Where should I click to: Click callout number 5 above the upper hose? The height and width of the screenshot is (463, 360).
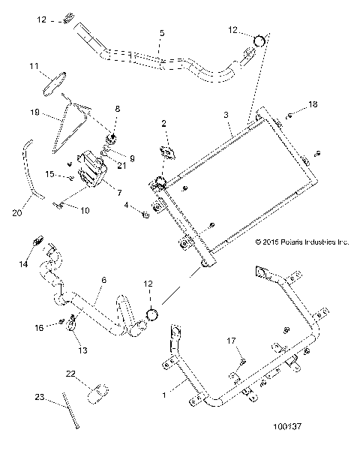tap(162, 34)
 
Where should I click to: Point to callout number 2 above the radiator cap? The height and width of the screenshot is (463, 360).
tap(164, 123)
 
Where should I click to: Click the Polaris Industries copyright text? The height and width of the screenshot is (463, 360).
tap(302, 242)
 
